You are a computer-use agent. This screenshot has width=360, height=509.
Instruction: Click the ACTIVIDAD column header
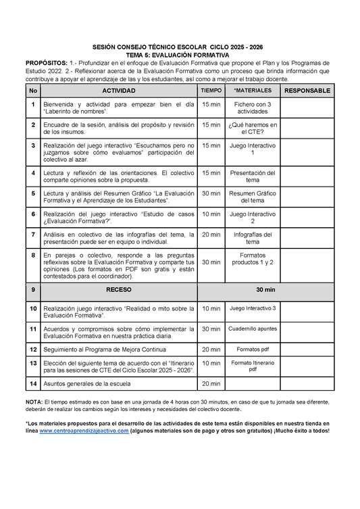pos(118,91)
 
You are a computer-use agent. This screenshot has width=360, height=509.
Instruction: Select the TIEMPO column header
pos(211,91)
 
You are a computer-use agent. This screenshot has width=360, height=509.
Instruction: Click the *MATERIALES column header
pos(253,91)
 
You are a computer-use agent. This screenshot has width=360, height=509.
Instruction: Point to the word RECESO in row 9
pos(118,289)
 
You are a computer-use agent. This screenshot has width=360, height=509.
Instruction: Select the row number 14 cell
pos(32,383)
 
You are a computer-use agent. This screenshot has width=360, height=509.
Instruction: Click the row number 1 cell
pos(32,104)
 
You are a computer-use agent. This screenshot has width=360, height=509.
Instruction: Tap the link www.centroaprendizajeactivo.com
pos(85,431)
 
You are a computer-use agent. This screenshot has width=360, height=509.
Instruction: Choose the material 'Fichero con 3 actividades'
pos(253,108)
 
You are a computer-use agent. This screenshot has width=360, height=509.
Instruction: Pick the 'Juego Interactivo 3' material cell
pos(253,308)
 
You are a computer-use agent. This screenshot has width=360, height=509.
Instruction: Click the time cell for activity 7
pos(211,235)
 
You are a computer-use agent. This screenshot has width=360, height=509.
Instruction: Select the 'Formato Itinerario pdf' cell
pos(253,366)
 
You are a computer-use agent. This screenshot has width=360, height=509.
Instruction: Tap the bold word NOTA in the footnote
pos(33,402)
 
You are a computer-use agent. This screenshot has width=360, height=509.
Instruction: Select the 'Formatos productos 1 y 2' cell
pos(253,259)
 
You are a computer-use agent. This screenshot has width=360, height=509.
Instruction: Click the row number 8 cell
pos(32,255)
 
